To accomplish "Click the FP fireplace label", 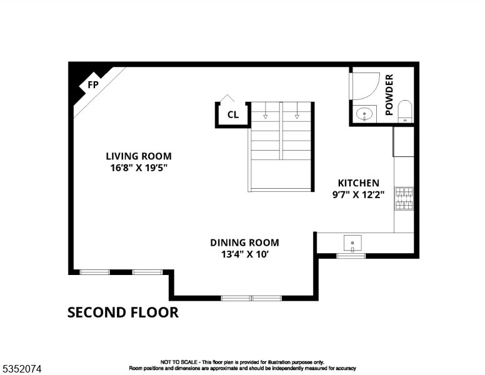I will point(92,84).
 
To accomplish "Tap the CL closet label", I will point(232,114).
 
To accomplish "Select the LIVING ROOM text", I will point(138,156).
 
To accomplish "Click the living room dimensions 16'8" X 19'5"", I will point(138,167).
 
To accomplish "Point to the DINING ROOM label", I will point(244,242).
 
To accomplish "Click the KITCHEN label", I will point(358,183).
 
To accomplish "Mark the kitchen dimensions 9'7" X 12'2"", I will point(358,194).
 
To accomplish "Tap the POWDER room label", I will point(389,95).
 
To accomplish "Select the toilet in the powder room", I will point(405,111).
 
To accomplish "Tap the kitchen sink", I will point(353,242).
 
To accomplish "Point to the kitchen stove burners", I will point(403,198).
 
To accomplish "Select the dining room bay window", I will point(251,298).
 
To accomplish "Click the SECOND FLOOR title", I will point(122,312).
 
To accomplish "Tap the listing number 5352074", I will point(22,369).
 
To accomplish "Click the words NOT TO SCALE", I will point(178,362).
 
